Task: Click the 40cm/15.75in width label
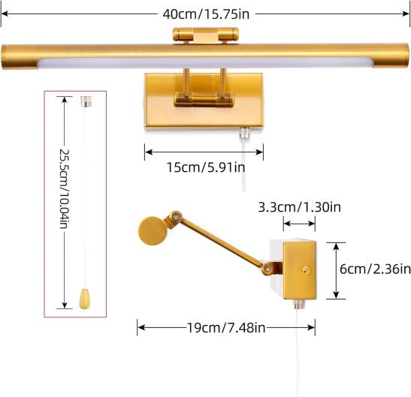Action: coord(206,14)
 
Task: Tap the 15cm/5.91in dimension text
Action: coord(206,167)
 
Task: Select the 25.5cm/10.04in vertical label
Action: coord(64,189)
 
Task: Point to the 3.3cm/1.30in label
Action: coord(299,207)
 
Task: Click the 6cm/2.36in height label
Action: coord(375,269)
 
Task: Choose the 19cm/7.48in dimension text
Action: coord(226,328)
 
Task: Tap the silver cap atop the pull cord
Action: coord(86,101)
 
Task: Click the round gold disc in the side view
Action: coord(153,231)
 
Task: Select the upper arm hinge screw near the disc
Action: coord(174,217)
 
